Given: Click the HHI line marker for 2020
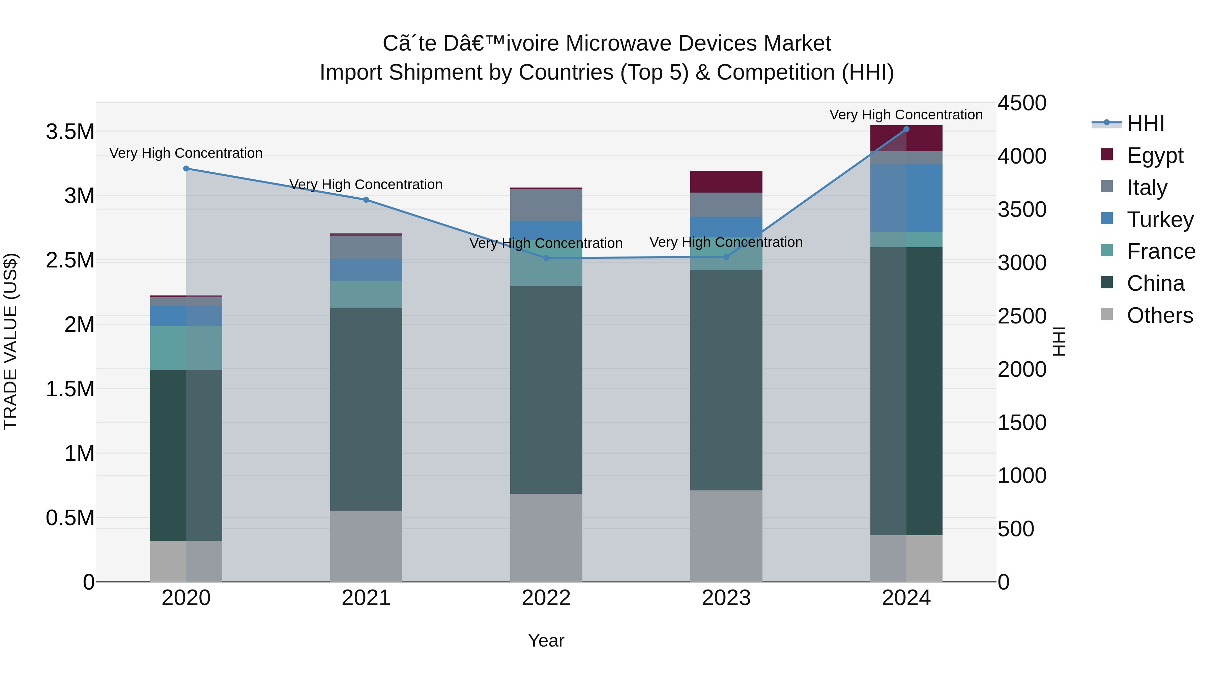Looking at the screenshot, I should click(x=186, y=169).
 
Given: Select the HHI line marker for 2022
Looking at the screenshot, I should click(x=546, y=258).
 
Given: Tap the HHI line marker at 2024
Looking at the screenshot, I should click(x=906, y=129).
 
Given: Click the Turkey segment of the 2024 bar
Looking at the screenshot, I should click(x=906, y=198).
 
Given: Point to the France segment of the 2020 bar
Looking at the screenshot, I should click(x=186, y=347).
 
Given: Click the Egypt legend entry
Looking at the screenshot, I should click(x=1154, y=155).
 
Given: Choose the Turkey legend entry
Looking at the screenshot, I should click(x=1159, y=220).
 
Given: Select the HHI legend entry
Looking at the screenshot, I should click(x=1145, y=123).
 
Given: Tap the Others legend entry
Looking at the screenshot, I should click(x=1159, y=315).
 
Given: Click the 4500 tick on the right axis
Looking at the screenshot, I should click(x=1022, y=103).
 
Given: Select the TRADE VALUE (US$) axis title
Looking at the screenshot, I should click(x=10, y=341).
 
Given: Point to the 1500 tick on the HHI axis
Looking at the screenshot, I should click(x=1022, y=422).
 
